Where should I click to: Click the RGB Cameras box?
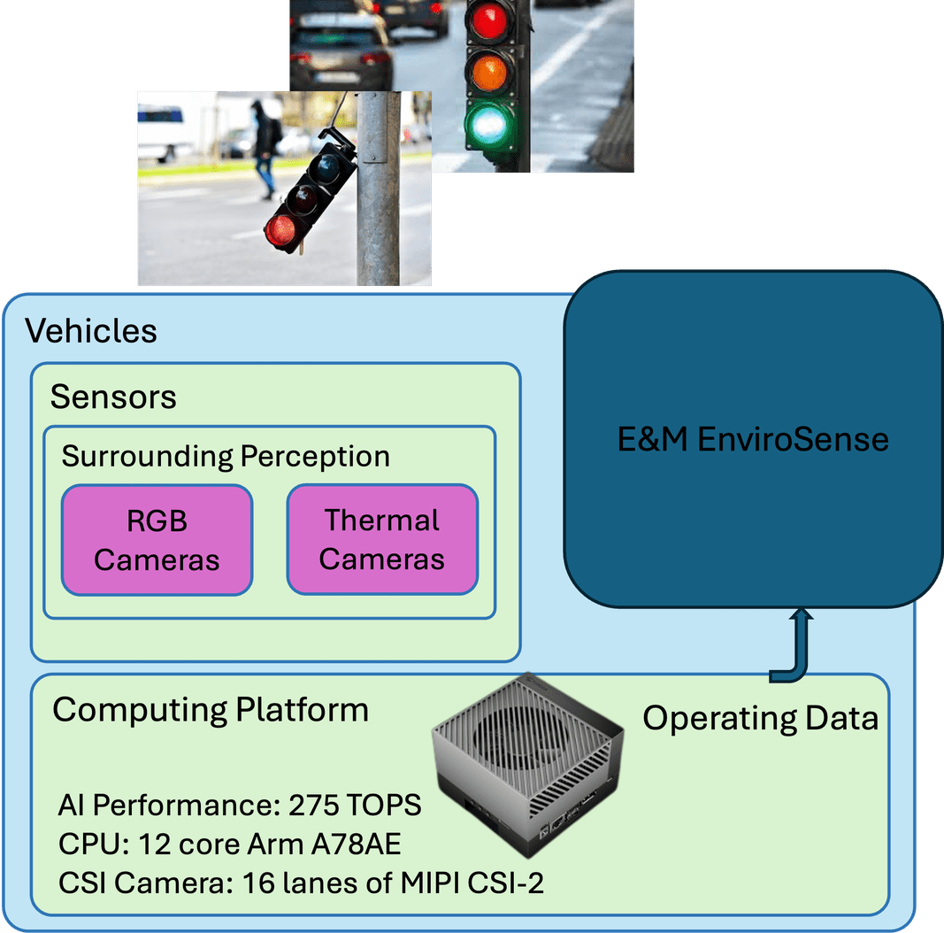[x=157, y=539]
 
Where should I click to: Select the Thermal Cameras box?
[x=382, y=539]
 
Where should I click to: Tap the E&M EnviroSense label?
[x=753, y=439]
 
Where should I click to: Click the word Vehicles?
[x=91, y=331]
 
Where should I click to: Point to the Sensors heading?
[x=113, y=397]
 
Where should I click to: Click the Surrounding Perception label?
[x=226, y=457]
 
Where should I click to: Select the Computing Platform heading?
[x=211, y=709]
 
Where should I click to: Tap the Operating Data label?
[x=760, y=718]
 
